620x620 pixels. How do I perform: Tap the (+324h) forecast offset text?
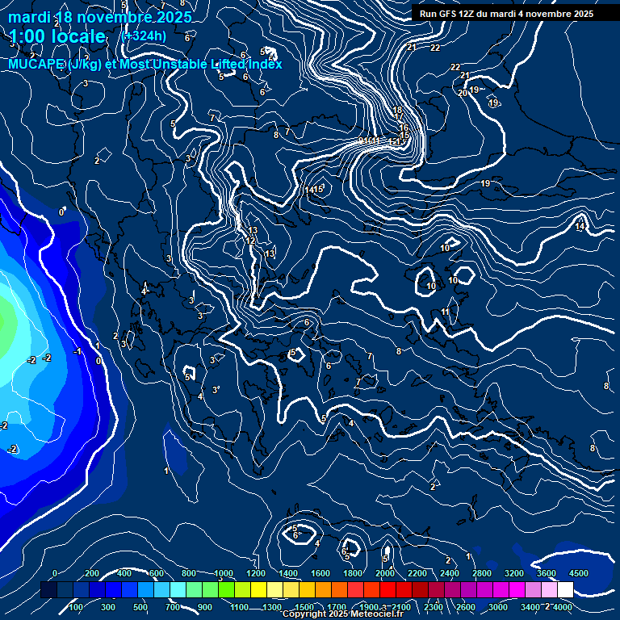pos(143,36)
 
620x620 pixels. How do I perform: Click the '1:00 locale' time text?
pos(57,36)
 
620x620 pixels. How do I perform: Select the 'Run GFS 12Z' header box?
pos(507,14)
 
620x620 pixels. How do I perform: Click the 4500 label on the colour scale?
pos(578,573)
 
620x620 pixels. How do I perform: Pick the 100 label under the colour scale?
pos(77,607)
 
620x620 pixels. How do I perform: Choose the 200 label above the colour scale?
pos(92,573)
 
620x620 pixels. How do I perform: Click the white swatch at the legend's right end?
pos(564,590)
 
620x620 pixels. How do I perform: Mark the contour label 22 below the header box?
pos(435,48)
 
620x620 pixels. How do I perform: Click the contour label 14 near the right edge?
pos(580,227)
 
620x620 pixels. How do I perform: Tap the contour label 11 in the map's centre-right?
pos(445,312)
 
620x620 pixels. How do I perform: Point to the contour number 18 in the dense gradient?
pos(397,111)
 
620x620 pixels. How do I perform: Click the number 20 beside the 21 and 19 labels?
pos(463,93)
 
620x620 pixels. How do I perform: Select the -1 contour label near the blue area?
pos(77,351)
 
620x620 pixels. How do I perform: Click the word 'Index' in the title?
pos(266,64)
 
